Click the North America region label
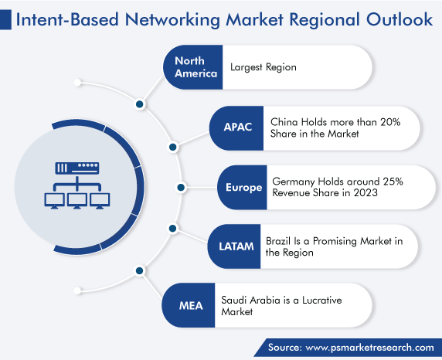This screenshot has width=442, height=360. (x=196, y=67)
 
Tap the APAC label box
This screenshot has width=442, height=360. (x=236, y=128)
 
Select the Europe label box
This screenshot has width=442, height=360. (x=242, y=188)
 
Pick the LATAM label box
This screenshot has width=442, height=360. (x=234, y=246)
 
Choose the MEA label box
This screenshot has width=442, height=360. (x=189, y=305)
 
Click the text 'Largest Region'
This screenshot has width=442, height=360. (x=263, y=67)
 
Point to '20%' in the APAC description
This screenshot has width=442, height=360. (x=390, y=122)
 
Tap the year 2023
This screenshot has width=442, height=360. (x=365, y=193)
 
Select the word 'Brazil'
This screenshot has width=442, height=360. (x=278, y=241)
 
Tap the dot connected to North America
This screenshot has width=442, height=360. (x=140, y=104)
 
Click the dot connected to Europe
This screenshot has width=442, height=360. (x=181, y=188)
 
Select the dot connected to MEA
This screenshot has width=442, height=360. (x=140, y=271)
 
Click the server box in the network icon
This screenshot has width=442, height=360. (x=77, y=168)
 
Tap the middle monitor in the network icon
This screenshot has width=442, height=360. (x=77, y=201)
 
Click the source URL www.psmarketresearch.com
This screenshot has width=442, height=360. (x=370, y=348)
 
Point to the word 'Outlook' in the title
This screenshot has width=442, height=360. (x=399, y=19)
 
